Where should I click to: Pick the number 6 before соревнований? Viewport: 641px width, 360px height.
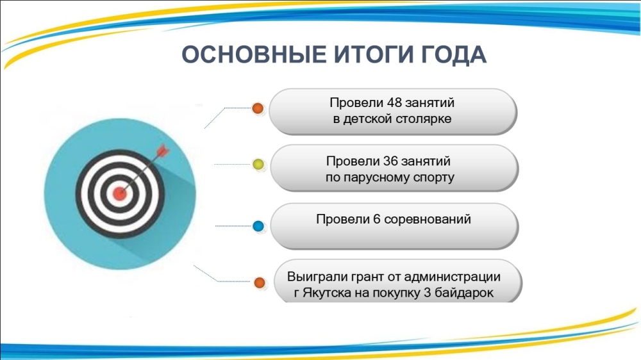[376, 219]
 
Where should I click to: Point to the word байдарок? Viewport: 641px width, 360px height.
[467, 293]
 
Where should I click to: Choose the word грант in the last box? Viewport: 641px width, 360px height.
[366, 277]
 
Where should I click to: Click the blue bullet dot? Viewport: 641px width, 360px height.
[259, 225]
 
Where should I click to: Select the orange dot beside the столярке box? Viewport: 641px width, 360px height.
[258, 108]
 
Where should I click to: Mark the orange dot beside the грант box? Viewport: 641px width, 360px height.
[260, 282]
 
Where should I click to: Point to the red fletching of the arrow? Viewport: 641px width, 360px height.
[162, 149]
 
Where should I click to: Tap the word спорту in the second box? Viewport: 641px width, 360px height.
[432, 177]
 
